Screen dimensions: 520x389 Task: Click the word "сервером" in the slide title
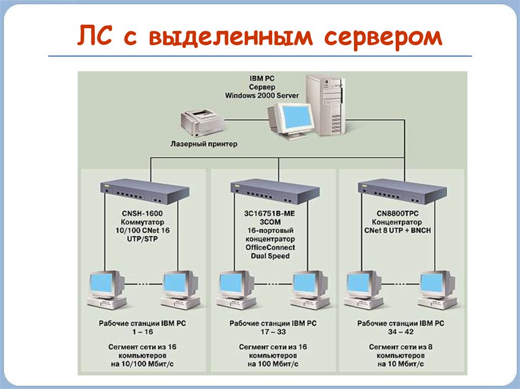tap(383, 37)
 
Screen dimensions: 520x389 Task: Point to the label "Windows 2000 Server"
tap(262, 96)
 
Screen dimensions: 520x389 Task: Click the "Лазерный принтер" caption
tap(204, 144)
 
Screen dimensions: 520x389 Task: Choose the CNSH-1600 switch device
tap(145, 191)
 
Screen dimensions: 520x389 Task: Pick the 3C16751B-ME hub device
tap(275, 191)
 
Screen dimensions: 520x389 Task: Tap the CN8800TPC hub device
tap(402, 191)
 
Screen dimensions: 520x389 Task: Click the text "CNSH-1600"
tap(142, 214)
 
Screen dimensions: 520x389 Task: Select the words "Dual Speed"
tap(270, 256)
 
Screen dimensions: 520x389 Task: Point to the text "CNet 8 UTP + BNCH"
tap(398, 231)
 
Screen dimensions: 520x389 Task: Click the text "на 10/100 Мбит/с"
tap(142, 364)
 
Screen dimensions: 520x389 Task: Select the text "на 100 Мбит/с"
tap(273, 364)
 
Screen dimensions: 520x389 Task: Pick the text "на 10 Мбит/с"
tap(401, 364)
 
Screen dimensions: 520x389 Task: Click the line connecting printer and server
tap(246, 120)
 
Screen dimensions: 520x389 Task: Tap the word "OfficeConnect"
tap(270, 247)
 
